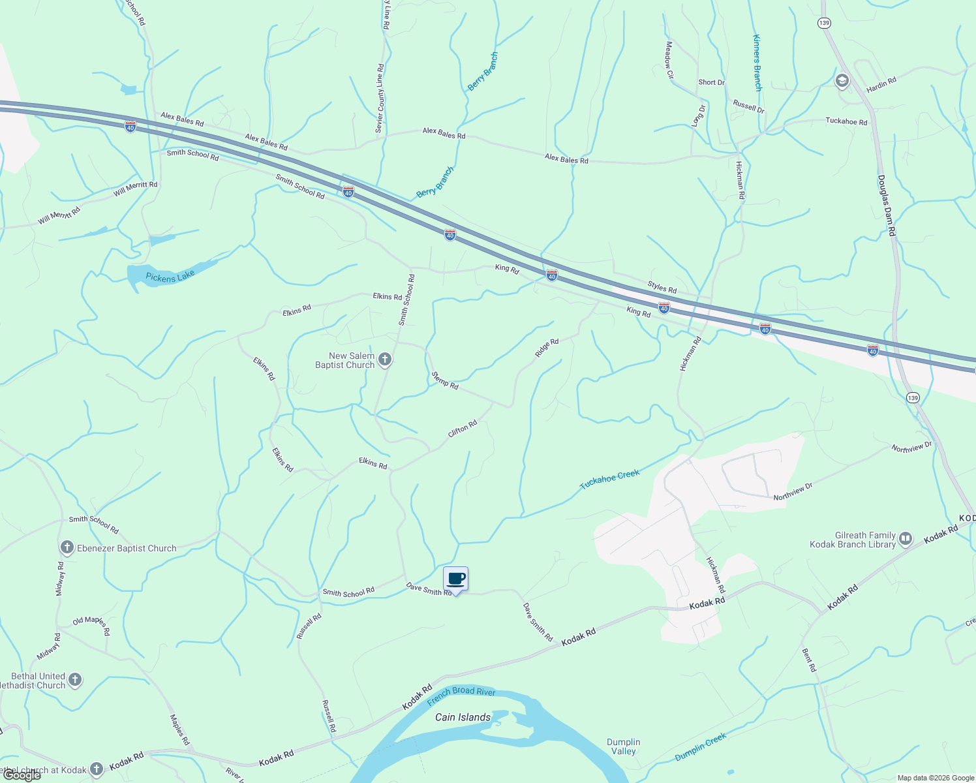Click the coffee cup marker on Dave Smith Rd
click(x=456, y=579)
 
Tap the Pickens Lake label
click(x=170, y=277)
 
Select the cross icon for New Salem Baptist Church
click(x=385, y=360)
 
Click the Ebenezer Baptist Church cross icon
click(x=67, y=548)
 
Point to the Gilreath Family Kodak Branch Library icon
click(x=905, y=539)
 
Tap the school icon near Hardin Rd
click(x=842, y=81)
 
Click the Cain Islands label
click(x=463, y=717)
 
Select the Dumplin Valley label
click(x=623, y=746)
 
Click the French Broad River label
click(x=461, y=696)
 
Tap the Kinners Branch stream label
click(x=757, y=63)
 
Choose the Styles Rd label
click(x=662, y=286)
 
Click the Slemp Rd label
click(x=445, y=380)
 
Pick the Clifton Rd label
click(x=463, y=429)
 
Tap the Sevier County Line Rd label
click(x=380, y=98)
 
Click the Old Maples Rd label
click(x=91, y=624)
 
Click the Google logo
click(x=21, y=775)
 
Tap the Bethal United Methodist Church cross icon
click(x=75, y=681)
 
